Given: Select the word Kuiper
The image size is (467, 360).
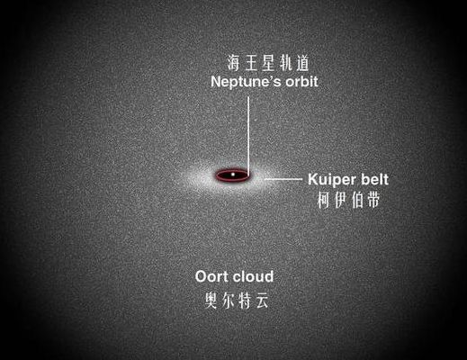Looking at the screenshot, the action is coord(332,180).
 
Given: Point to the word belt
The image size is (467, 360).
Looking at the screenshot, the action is coord(374,179).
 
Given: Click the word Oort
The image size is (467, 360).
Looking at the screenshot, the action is coord(212,276).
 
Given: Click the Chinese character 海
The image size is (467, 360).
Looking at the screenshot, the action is coord(234,63).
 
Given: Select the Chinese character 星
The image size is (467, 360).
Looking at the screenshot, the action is coord(268,63).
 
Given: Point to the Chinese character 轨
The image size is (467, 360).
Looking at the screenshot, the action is coord(285,63).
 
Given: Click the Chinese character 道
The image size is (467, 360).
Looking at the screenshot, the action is coord(302,63).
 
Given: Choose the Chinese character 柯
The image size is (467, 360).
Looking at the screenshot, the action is coord(324,200).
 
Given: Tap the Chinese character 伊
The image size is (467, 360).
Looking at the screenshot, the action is coord(341,200).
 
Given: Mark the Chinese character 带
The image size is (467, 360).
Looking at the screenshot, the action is coord(373,200).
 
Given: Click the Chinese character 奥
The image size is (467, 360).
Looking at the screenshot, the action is coord(211,301).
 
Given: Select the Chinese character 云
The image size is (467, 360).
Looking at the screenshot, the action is coord(262,301).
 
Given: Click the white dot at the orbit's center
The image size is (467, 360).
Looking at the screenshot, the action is coord(233,174).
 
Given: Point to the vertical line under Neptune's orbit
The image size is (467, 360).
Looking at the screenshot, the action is coord(248,137).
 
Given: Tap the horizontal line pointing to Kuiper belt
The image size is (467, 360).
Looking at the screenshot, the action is coord(283,179).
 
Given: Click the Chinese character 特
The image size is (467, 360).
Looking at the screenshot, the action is coord(245,301).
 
